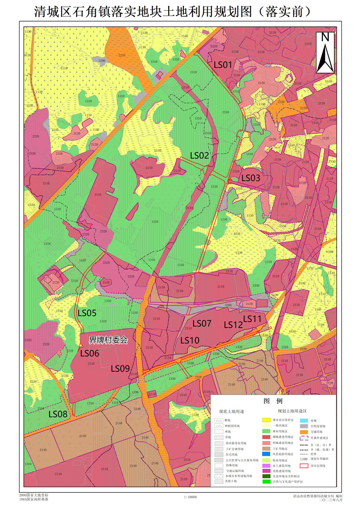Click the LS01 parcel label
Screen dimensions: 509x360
pyautogui.click(x=223, y=65)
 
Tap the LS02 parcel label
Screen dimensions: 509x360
pyautogui.click(x=199, y=156)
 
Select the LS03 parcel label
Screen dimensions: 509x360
pyautogui.click(x=251, y=178)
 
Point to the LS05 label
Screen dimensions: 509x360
pyautogui.click(x=87, y=313)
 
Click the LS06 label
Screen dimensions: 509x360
pyautogui.click(x=89, y=353)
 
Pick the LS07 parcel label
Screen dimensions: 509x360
pyautogui.click(x=202, y=323)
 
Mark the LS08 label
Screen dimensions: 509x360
pyautogui.click(x=58, y=414)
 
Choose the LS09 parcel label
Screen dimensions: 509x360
pyautogui.click(x=120, y=368)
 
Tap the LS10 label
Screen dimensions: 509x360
pyautogui.click(x=190, y=340)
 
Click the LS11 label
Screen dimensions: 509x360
pyautogui.click(x=253, y=318)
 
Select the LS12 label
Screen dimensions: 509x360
pyautogui.click(x=233, y=325)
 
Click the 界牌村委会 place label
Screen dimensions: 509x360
pyautogui.click(x=108, y=340)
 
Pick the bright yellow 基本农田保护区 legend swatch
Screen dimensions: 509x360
pyautogui.click(x=266, y=420)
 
